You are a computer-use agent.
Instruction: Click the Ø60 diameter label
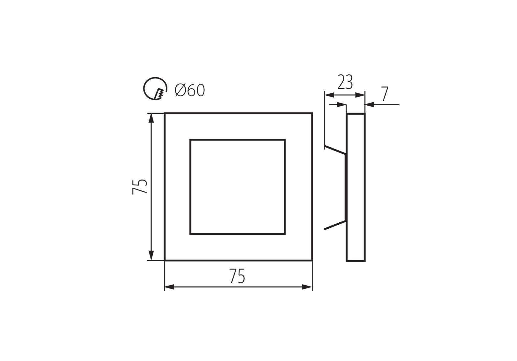pyautogui.click(x=190, y=90)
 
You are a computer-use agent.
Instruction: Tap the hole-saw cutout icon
pyautogui.click(x=155, y=88)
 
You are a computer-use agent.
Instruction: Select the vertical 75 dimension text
pyautogui.click(x=140, y=187)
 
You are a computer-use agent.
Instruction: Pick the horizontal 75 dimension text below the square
pyautogui.click(x=237, y=276)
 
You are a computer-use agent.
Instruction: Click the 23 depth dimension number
pyautogui.click(x=345, y=82)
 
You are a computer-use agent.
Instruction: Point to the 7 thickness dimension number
pyautogui.click(x=385, y=94)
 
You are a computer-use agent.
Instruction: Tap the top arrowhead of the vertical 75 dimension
pyautogui.click(x=151, y=118)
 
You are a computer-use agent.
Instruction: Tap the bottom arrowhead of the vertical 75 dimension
pyautogui.click(x=151, y=255)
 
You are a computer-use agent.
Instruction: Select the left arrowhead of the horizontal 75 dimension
pyautogui.click(x=169, y=287)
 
